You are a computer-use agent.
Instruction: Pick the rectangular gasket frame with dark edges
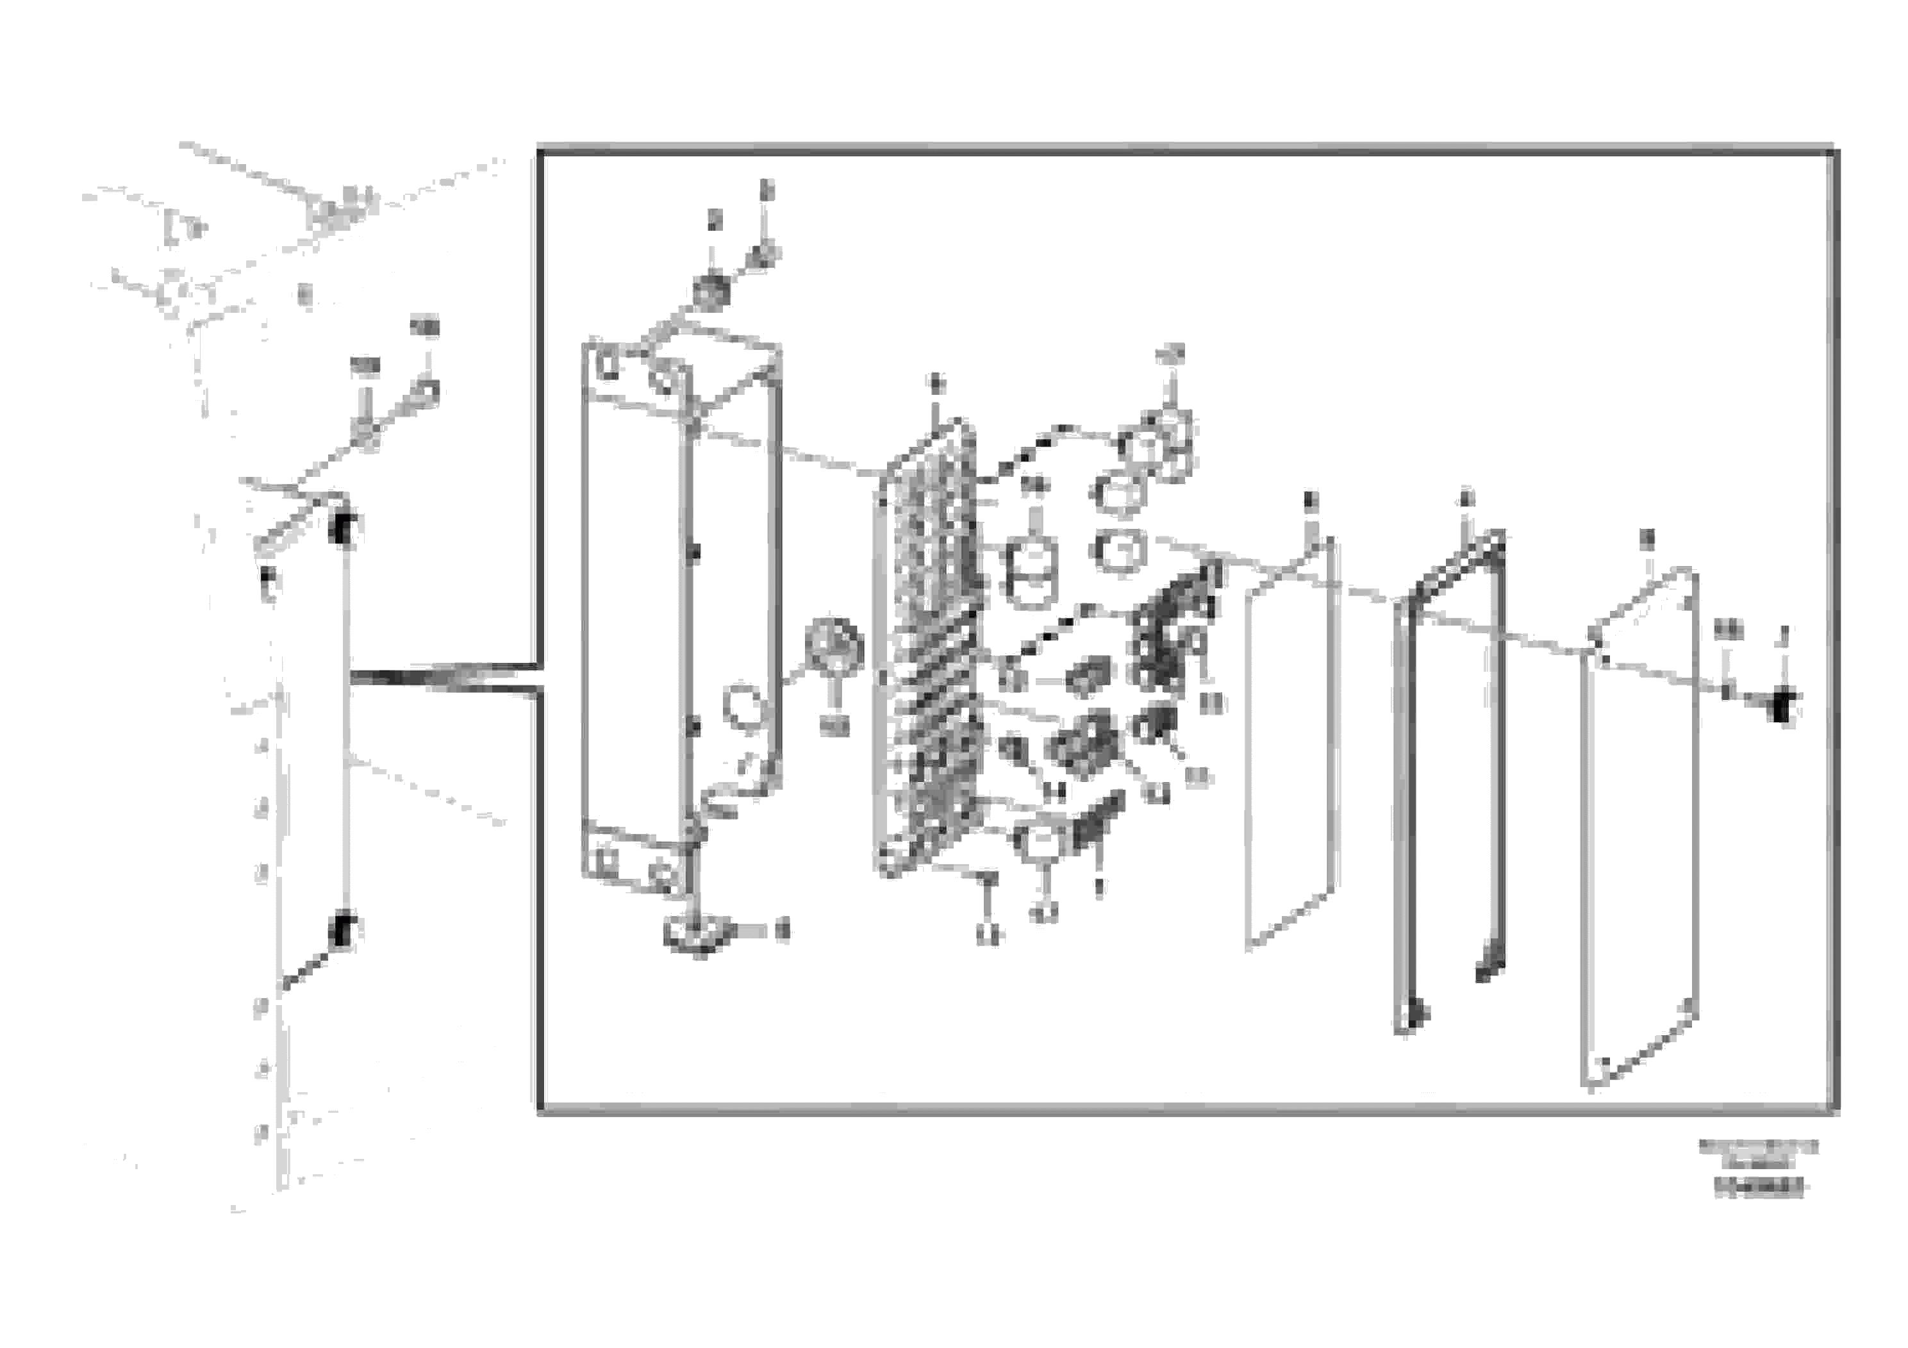click(1450, 781)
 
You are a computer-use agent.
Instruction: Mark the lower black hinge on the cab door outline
click(342, 931)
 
